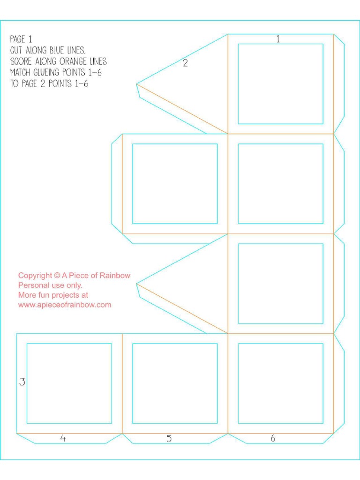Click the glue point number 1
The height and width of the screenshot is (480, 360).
point(278,39)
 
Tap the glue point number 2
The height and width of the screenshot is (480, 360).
point(185,63)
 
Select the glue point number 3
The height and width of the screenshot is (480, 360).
point(22,382)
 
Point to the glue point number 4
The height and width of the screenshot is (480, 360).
point(63,438)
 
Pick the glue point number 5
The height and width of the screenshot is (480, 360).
point(169,438)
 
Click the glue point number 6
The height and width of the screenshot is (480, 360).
point(273,438)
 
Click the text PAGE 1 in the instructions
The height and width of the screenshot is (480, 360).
point(21,39)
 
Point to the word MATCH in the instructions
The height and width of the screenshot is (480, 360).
point(21,73)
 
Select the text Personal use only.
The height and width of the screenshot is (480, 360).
point(50,285)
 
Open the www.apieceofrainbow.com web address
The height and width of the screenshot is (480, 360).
point(65,305)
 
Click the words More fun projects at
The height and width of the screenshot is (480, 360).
point(53,295)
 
